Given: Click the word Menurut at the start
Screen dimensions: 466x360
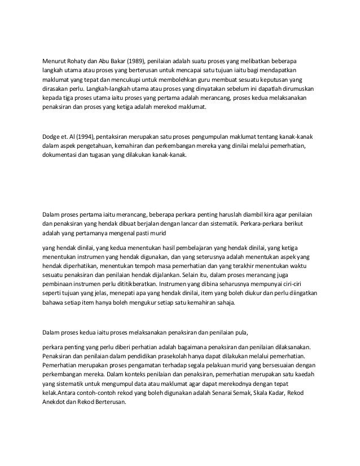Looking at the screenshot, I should tap(56, 61).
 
